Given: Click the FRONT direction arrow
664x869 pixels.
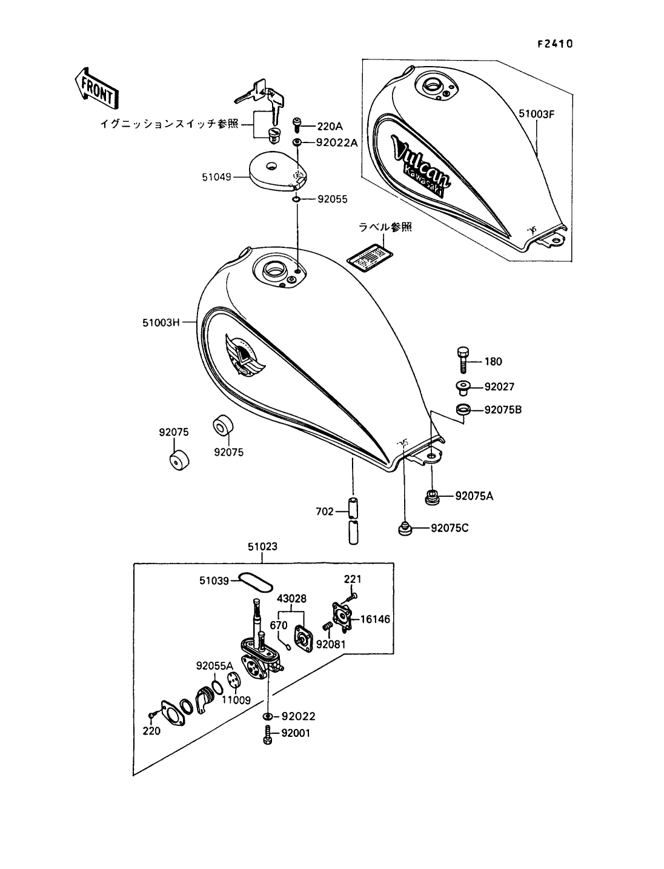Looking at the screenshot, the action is [97, 88].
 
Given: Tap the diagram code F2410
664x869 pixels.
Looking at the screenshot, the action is [555, 44].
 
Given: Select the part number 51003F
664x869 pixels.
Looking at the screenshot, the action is [536, 114].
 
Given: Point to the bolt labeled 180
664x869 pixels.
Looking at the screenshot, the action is [463, 360].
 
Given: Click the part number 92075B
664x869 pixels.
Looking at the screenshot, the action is [503, 410].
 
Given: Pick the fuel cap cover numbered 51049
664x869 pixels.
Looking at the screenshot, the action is [278, 173].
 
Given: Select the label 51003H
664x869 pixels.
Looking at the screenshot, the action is [161, 322].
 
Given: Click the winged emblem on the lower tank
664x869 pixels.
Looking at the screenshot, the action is [245, 355].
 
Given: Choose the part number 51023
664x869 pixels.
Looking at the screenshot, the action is [263, 547].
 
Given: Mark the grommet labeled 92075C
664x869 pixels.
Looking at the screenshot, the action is [404, 529].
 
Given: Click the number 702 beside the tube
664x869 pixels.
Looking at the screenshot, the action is [325, 511].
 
